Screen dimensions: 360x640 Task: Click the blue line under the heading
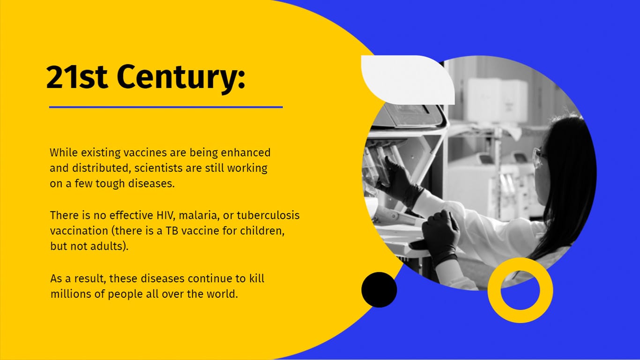(166, 107)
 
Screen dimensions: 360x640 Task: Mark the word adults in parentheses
(109, 246)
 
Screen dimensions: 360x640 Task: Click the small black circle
(379, 290)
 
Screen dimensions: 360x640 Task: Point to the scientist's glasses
(539, 157)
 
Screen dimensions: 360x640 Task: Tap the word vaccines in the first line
(145, 153)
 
